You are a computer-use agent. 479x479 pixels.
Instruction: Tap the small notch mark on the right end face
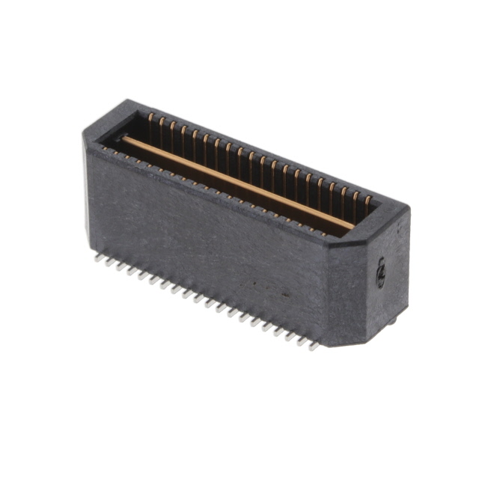[x=380, y=272]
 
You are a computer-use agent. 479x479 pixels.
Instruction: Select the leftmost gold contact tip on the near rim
[x=106, y=149]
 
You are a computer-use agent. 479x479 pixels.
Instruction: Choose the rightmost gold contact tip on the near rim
[x=323, y=233]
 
